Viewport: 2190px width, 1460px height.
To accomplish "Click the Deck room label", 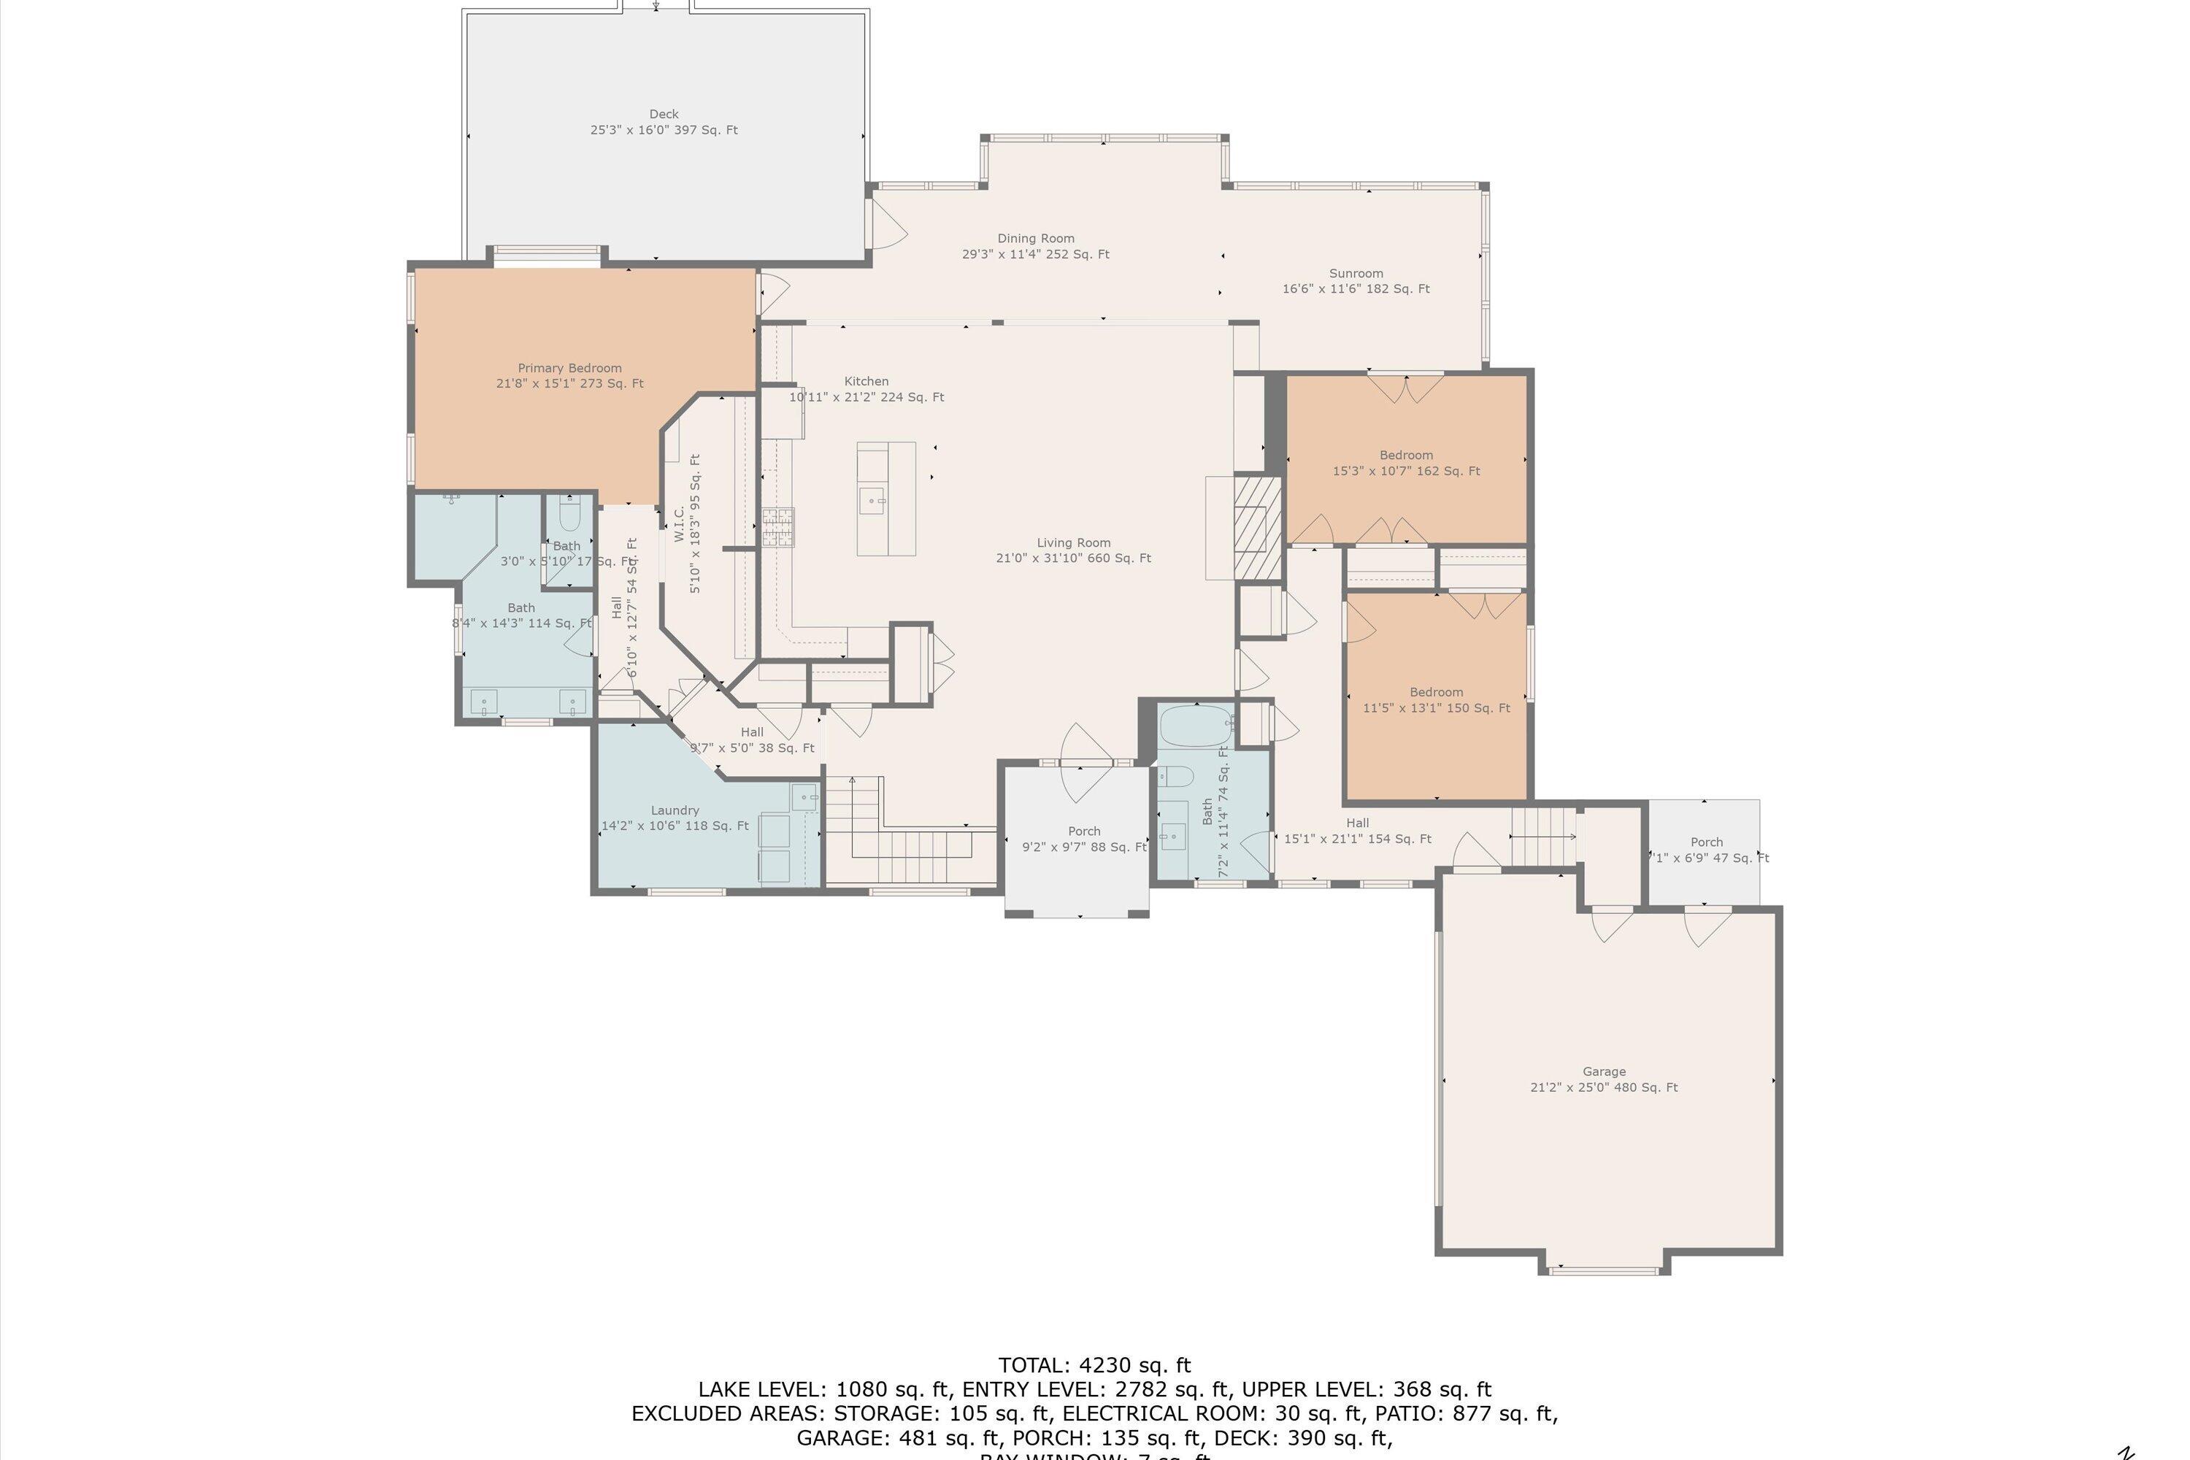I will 663,122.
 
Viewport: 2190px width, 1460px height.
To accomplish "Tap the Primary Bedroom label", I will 570,375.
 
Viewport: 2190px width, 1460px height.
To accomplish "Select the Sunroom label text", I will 1356,280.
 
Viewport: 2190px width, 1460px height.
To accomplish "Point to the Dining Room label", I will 1035,246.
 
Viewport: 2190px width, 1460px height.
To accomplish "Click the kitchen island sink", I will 872,500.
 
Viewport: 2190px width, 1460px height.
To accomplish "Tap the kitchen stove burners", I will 778,527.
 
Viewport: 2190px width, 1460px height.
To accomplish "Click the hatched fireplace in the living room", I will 1258,528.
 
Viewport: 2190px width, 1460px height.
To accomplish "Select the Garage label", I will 1603,1079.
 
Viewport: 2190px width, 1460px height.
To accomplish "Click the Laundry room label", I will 675,818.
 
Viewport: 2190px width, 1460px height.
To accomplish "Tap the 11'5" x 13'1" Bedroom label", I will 1436,699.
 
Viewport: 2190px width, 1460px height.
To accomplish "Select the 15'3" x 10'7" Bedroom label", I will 1406,463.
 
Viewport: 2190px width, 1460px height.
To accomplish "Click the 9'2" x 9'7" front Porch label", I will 1084,839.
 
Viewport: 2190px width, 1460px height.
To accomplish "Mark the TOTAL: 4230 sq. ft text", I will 1094,1365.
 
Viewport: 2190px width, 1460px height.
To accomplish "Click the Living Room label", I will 1074,550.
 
